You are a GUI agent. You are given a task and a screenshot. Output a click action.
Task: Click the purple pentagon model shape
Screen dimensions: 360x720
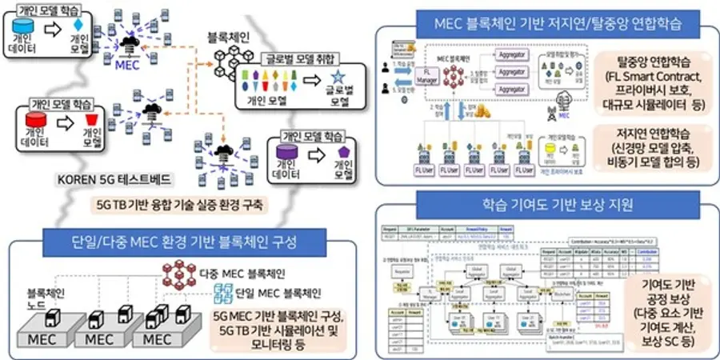click(345, 152)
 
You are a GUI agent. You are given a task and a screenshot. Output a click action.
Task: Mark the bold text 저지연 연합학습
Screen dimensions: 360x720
click(653, 133)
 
